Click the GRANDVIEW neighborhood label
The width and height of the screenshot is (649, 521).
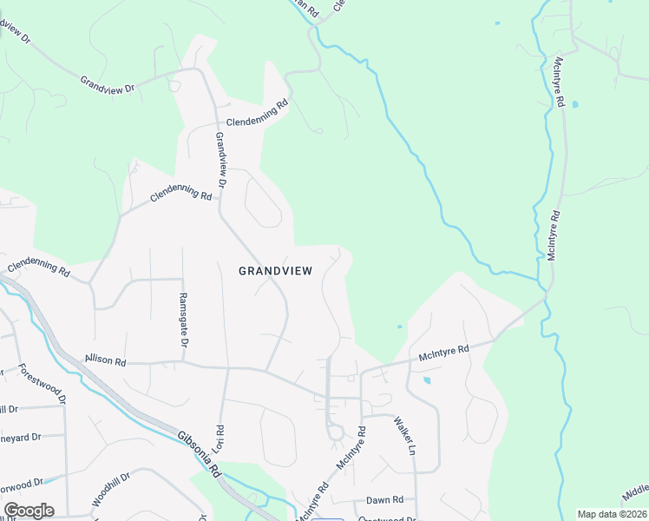[275, 271]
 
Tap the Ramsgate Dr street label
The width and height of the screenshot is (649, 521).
[183, 309]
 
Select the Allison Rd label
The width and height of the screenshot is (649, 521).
[105, 359]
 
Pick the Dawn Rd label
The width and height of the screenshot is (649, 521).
[384, 499]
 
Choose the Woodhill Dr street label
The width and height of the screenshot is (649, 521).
[110, 491]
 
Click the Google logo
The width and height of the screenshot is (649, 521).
[29, 511]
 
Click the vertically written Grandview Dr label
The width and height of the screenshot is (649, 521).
[220, 161]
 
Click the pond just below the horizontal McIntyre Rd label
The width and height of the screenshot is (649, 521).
[426, 380]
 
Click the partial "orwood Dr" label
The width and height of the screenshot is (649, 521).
[21, 484]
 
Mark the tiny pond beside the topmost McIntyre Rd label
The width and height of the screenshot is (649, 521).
[575, 104]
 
